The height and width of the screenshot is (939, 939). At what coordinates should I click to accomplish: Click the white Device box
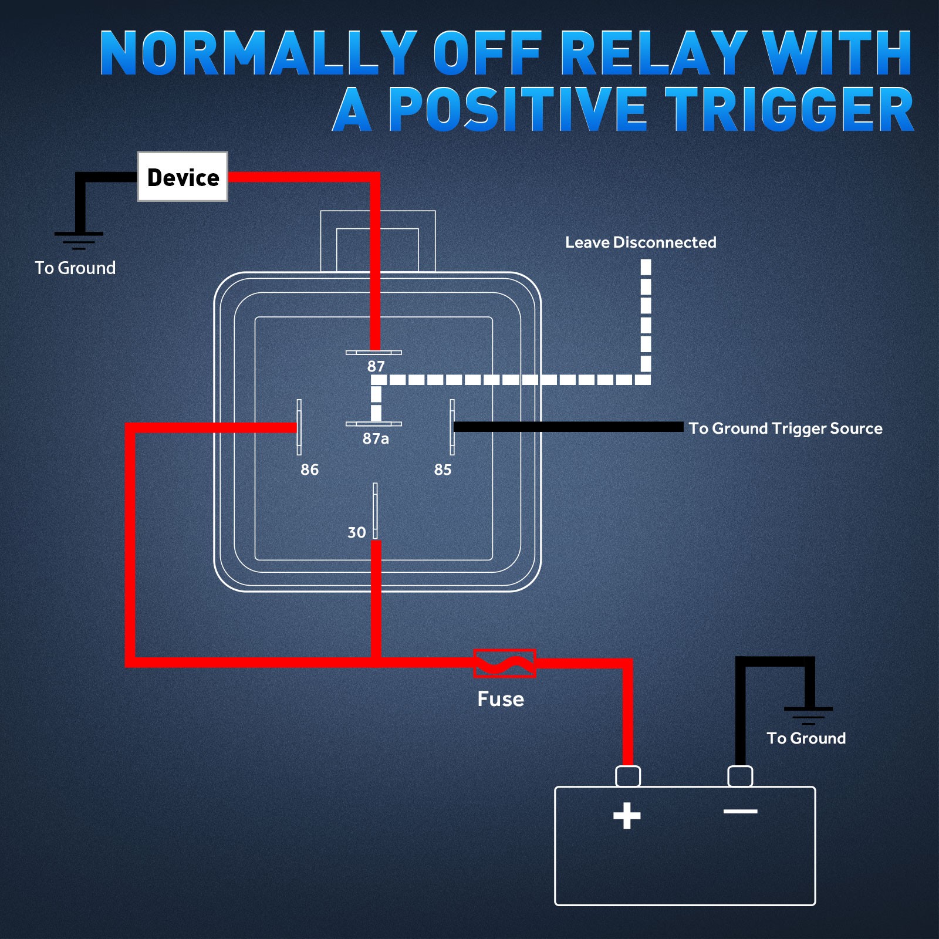183,177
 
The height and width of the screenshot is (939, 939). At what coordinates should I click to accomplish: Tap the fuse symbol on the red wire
504,663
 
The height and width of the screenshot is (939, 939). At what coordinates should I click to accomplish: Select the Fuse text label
501,699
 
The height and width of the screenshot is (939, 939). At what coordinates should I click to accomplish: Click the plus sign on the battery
627,816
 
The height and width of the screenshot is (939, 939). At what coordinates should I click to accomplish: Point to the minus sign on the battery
741,812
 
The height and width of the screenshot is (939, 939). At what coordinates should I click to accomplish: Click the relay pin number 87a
376,438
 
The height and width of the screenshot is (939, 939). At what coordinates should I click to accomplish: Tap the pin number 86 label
309,469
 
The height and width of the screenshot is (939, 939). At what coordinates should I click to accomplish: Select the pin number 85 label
443,469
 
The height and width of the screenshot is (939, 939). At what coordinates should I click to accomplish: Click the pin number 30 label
356,532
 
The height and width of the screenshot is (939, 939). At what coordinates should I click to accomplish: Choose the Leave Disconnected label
641,242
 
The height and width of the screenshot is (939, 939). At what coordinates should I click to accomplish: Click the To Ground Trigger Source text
785,428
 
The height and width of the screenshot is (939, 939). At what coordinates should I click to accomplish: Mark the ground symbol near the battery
808,716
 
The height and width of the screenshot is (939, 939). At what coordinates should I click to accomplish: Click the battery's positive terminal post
627,776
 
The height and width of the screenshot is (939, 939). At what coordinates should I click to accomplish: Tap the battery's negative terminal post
740,776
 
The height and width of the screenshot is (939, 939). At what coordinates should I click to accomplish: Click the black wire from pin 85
569,427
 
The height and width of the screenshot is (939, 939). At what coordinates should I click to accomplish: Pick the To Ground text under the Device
75,268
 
